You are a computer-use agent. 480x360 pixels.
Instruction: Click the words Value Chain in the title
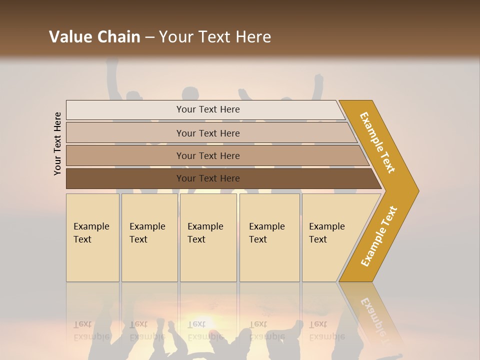[94, 37]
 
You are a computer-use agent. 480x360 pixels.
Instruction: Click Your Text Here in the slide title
[215, 37]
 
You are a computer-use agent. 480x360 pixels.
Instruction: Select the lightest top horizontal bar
[125, 110]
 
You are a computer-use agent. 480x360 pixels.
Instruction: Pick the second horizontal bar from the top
[125, 133]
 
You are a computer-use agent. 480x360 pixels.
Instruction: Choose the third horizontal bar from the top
[125, 155]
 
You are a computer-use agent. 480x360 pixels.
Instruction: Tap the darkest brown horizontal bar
[125, 178]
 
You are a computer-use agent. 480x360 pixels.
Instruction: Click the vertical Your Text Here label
[58, 143]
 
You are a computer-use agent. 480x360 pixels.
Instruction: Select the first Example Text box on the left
[92, 238]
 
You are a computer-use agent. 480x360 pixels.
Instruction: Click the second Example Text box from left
[149, 238]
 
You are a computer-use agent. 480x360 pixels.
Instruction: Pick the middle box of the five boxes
[208, 238]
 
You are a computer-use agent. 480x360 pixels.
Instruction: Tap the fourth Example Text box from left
[269, 238]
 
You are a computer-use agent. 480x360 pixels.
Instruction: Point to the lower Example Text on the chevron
[379, 236]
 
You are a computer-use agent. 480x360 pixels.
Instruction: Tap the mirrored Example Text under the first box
[91, 330]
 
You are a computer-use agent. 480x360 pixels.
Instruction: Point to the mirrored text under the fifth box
[327, 330]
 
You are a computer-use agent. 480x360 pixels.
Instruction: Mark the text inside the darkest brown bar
[208, 178]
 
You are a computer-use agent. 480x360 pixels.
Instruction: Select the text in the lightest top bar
[208, 109]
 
